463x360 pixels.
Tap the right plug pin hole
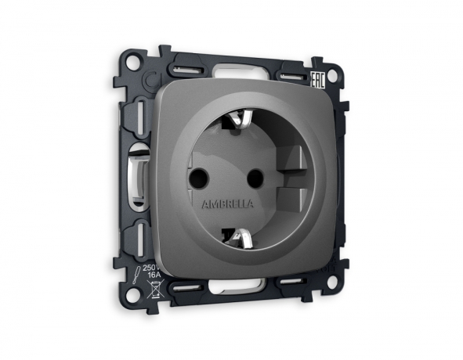[x=252, y=178]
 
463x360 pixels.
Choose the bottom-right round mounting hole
[x=334, y=275]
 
